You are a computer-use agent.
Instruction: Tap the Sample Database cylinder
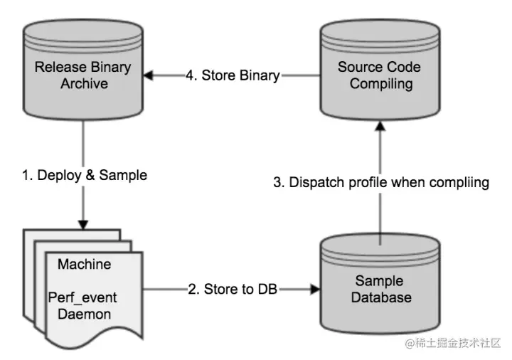(x=380, y=285)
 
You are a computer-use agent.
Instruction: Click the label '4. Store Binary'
(x=233, y=75)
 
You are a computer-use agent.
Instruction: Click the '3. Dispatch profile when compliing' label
(x=381, y=182)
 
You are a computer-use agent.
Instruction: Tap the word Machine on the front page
(x=84, y=265)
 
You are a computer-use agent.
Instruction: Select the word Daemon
(x=84, y=313)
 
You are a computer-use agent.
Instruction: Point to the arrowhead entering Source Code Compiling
(x=380, y=126)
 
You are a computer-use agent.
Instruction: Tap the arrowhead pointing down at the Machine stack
(x=85, y=223)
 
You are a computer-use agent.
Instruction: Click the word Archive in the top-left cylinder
(x=84, y=84)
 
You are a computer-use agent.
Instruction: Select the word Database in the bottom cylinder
(x=380, y=297)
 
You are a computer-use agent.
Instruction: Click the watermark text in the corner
(x=453, y=343)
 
